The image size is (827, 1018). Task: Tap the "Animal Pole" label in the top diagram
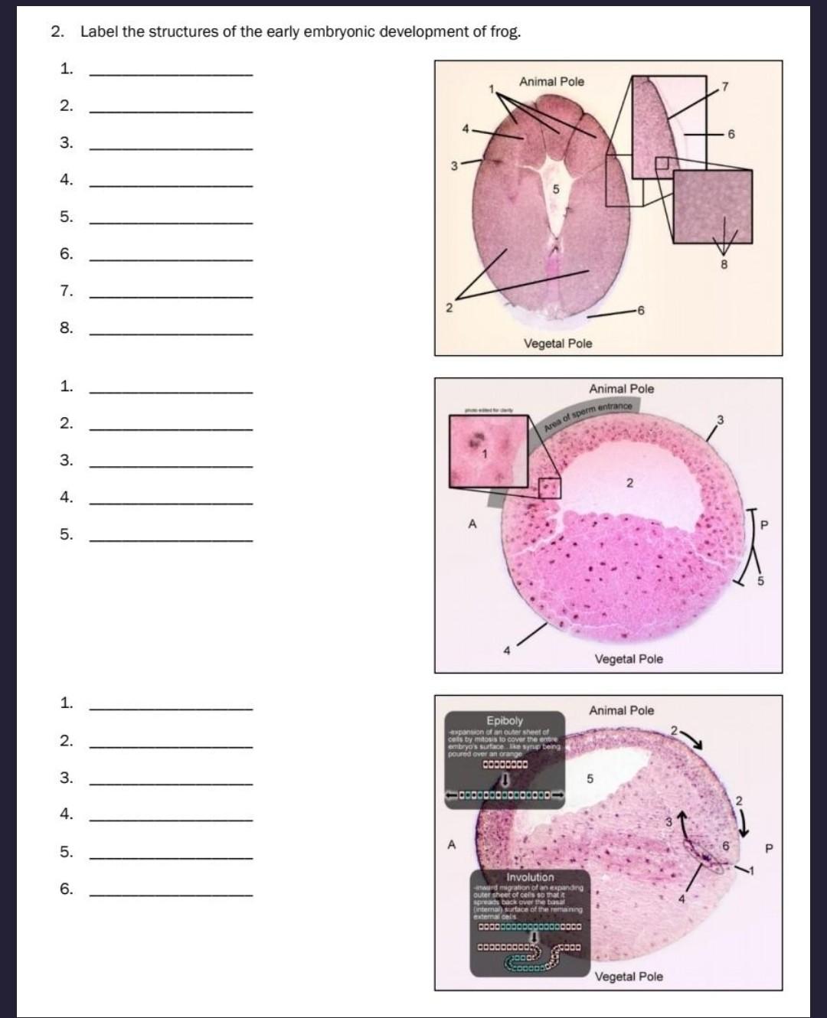[551, 82]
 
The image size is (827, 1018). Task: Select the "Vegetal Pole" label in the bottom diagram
[629, 976]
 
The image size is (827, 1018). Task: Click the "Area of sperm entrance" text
[588, 416]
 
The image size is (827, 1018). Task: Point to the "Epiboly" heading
[505, 720]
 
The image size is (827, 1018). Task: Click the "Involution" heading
[530, 877]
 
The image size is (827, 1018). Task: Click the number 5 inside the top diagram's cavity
[556, 188]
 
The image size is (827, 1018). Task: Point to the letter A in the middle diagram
[472, 524]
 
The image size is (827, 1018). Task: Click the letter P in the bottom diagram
[770, 848]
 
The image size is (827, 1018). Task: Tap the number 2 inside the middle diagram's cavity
[629, 483]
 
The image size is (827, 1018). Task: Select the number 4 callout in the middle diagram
[506, 651]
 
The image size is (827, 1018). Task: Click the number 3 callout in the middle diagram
[720, 419]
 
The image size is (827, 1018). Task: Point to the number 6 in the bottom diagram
[726, 845]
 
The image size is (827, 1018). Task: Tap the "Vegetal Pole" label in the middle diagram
[629, 659]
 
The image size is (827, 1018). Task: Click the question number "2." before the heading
[58, 32]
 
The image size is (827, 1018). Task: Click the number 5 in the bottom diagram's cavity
[590, 779]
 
